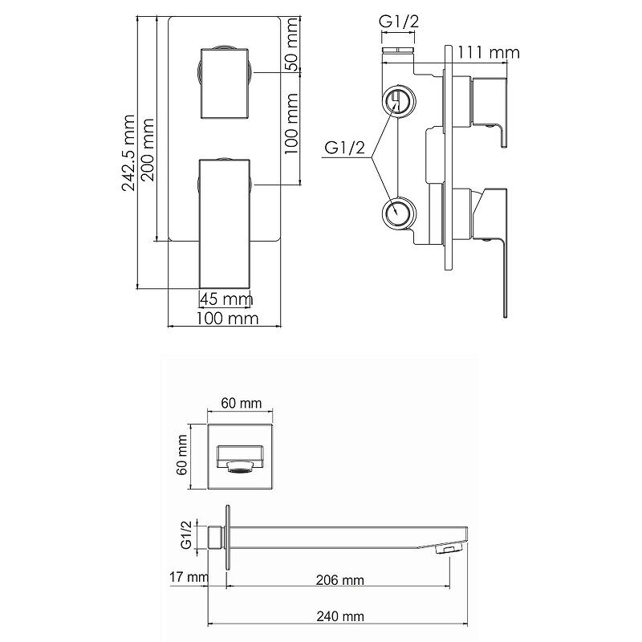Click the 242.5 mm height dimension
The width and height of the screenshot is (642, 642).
128,152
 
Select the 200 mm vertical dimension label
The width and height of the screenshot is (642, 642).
147,150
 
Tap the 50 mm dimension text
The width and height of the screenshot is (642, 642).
292,44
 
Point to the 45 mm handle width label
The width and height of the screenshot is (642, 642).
226,299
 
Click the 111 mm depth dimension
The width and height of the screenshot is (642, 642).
489,52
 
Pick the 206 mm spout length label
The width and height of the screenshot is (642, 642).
339,579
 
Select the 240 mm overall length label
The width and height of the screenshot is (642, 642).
340,616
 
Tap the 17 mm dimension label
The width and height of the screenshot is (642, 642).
189,577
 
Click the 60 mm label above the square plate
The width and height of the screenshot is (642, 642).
242,403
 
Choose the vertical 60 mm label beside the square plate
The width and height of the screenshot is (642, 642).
183,455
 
